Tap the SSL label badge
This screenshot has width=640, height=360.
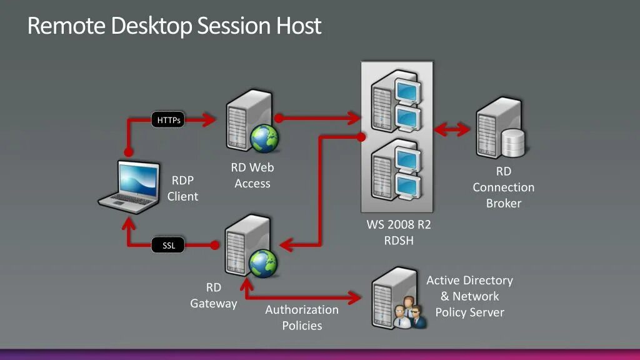[169, 246]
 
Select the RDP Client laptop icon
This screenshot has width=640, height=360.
[130, 184]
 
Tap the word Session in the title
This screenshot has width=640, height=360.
[236, 26]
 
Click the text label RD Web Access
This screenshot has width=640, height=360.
[252, 176]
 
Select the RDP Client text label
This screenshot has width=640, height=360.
[182, 188]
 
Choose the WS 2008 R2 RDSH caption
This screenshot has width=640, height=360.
[398, 232]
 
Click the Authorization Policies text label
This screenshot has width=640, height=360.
[302, 317]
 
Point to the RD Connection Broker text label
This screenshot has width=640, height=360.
[503, 187]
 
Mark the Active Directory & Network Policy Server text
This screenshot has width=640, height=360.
[469, 296]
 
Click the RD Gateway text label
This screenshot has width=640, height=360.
[214, 296]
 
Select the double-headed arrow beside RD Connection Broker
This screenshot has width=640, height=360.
[452, 129]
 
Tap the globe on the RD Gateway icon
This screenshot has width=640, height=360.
[264, 264]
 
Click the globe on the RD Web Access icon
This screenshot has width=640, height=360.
[264, 137]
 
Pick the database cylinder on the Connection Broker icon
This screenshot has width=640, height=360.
[513, 143]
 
